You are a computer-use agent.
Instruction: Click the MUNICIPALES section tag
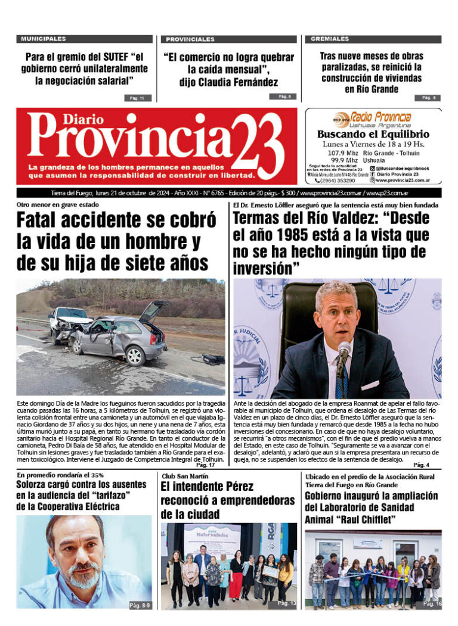pos(44,39)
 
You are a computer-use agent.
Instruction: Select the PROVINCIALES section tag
pos(190,39)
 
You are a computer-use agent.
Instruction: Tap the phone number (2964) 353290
pos(338,180)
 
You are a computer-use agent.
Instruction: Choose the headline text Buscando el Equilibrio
pos(373,135)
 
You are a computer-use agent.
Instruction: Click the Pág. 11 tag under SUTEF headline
pos(137,97)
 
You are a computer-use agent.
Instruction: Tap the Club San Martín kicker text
pos(184,476)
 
